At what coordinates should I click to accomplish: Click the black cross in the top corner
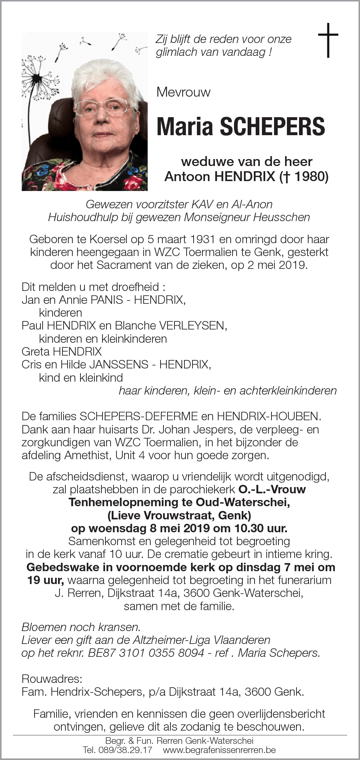[x=328, y=40]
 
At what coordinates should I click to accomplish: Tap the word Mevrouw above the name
[x=183, y=92]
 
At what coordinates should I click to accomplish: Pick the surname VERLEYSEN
[x=192, y=325]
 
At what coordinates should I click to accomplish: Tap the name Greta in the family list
[x=36, y=352]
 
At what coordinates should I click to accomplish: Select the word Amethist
[x=87, y=455]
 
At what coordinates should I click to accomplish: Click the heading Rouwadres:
[x=52, y=678]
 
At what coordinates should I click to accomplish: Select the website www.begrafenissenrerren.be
[x=219, y=750]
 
